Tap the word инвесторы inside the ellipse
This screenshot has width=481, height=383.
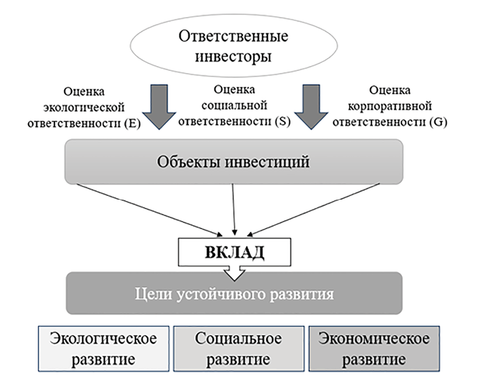point(234,57)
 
